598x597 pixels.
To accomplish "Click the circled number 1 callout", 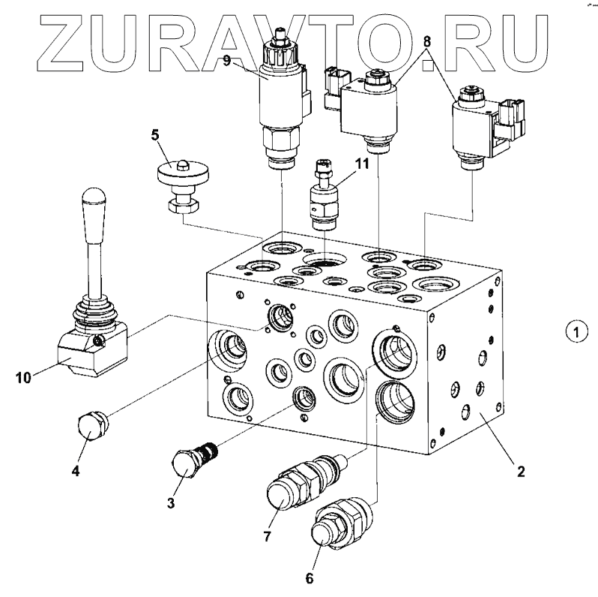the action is point(576,329).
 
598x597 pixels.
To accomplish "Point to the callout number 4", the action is point(76,471).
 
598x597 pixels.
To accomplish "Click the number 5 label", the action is point(155,135).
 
